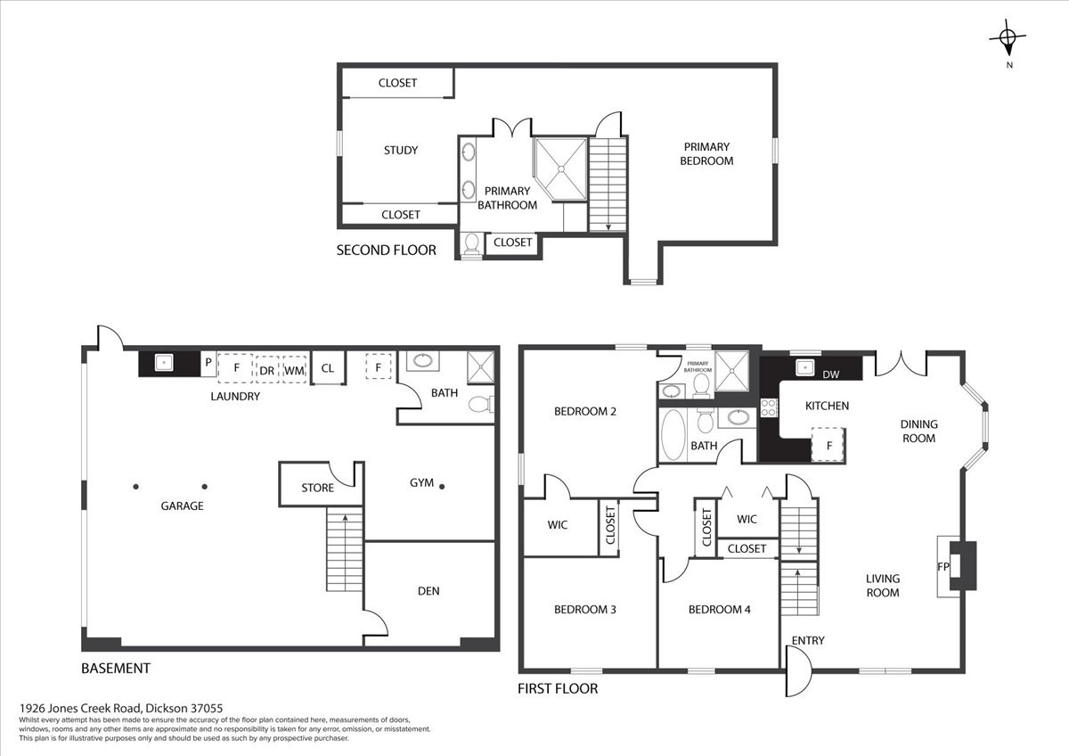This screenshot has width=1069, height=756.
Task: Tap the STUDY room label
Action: point(401,151)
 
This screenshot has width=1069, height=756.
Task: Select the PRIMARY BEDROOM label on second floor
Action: point(706,153)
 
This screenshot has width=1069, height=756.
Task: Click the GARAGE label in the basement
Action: point(182,505)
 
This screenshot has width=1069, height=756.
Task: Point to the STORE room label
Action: point(317,488)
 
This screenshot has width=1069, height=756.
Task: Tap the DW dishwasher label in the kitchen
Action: point(831,375)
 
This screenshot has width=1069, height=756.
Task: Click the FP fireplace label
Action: point(943,567)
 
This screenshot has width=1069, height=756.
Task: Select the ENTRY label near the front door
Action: point(808,640)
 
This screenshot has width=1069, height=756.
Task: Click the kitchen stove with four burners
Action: point(768,407)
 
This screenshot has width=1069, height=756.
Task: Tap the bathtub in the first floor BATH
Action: point(673,434)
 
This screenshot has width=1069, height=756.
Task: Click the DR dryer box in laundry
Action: point(266,369)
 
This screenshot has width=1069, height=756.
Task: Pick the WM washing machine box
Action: point(295,369)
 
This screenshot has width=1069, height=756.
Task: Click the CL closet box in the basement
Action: point(328,367)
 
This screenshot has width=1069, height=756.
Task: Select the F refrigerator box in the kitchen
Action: point(828,445)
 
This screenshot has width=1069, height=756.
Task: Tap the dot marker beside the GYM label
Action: point(442,487)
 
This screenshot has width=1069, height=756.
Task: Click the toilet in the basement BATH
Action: point(482,405)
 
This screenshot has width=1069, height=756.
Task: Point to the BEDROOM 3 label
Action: point(585,610)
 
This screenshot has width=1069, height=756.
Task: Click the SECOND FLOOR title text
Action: point(386,251)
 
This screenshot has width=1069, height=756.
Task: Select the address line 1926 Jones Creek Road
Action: point(121,708)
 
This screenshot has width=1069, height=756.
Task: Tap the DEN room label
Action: point(428,591)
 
